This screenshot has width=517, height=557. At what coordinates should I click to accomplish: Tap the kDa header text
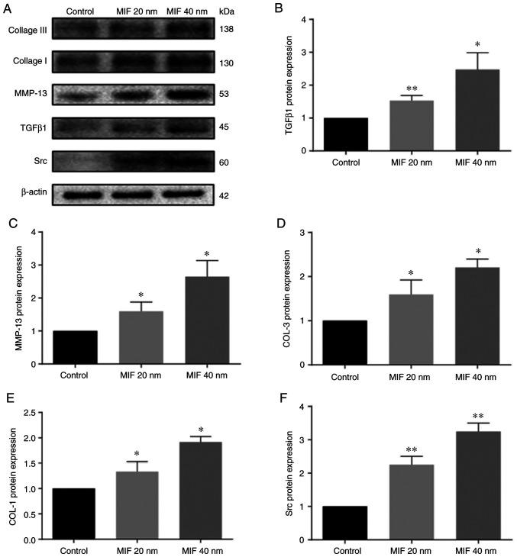click(x=226, y=11)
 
